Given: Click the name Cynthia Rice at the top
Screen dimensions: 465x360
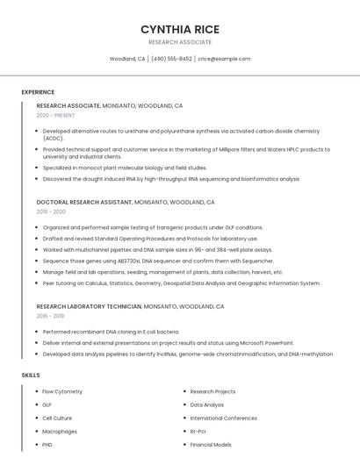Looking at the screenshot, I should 180,29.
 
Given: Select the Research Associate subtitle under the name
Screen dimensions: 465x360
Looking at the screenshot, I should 180,42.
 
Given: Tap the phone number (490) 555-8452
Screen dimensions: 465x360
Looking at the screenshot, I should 171,59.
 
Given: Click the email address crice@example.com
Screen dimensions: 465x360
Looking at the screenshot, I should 224,59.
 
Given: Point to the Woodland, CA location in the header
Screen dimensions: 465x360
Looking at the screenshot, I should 127,59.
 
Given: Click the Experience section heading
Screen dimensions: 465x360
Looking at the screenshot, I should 38,92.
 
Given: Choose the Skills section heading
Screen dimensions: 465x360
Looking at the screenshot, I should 31,376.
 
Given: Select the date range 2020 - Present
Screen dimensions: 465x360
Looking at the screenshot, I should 55,115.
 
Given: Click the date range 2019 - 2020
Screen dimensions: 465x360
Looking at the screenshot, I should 51,211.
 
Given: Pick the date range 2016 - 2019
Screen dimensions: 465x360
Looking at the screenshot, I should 51,316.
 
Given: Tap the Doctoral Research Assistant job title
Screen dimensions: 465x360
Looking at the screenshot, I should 84,202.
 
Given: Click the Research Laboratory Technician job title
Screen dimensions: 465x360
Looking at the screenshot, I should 89,306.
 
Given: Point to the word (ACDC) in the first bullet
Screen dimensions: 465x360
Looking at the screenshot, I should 54,139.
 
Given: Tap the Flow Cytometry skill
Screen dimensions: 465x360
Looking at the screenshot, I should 62,391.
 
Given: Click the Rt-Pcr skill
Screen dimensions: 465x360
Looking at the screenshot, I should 198,431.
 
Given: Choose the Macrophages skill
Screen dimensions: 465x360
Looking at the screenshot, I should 60,431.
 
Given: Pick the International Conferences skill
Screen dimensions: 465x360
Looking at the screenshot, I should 224,418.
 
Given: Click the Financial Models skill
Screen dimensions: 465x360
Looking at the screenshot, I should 211,445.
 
